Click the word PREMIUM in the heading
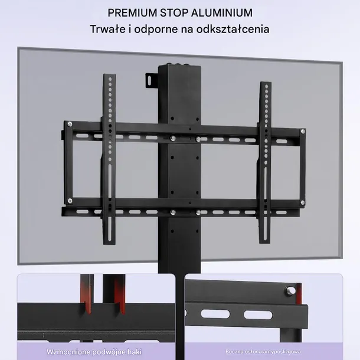pyautogui.click(x=132, y=13)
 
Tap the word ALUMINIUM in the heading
pyautogui.click(x=222, y=13)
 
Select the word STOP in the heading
pyautogui.click(x=174, y=13)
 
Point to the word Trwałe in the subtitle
pyautogui.click(x=107, y=30)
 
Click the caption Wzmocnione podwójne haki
pyautogui.click(x=94, y=352)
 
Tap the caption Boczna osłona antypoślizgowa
pyautogui.click(x=263, y=352)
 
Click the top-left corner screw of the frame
pyautogui.click(x=70, y=124)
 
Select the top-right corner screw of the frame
pyautogui.click(x=303, y=132)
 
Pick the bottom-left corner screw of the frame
pyautogui.click(x=70, y=201)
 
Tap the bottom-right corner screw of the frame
pyautogui.click(x=303, y=202)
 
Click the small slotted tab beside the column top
pyautogui.click(x=152, y=80)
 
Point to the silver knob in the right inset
pyautogui.click(x=290, y=291)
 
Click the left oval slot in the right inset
pyautogui.click(x=215, y=313)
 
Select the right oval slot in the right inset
pyautogui.click(x=258, y=315)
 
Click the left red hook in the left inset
pyautogui.click(x=86, y=294)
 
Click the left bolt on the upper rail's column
pyautogui.click(x=173, y=139)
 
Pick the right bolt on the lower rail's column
pyautogui.click(x=198, y=212)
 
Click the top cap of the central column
pyautogui.click(x=179, y=66)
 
